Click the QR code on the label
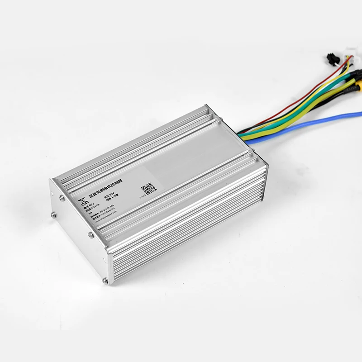coord(148,187)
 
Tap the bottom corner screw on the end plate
coord(105,281)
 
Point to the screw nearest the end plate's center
coord(90,234)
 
